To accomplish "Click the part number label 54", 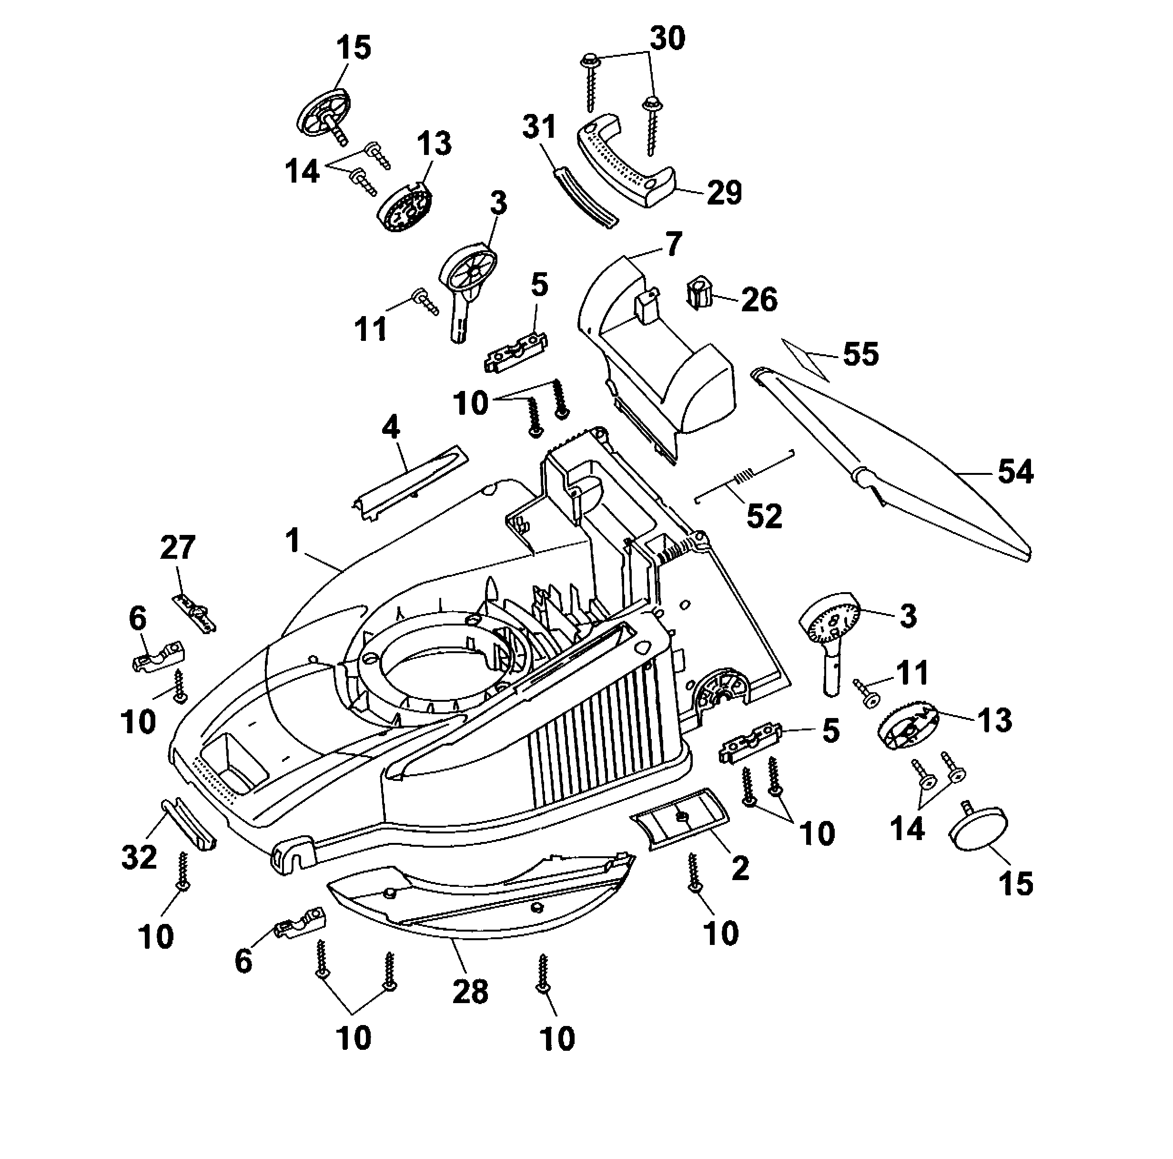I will pos(1016,472).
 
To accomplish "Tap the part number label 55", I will pos(861,354).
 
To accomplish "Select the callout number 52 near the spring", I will pos(764,516).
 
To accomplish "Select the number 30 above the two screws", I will pos(667,38).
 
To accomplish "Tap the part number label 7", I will pos(673,244).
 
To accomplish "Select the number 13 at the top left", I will pos(434,144).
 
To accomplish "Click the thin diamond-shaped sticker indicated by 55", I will pos(805,359).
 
